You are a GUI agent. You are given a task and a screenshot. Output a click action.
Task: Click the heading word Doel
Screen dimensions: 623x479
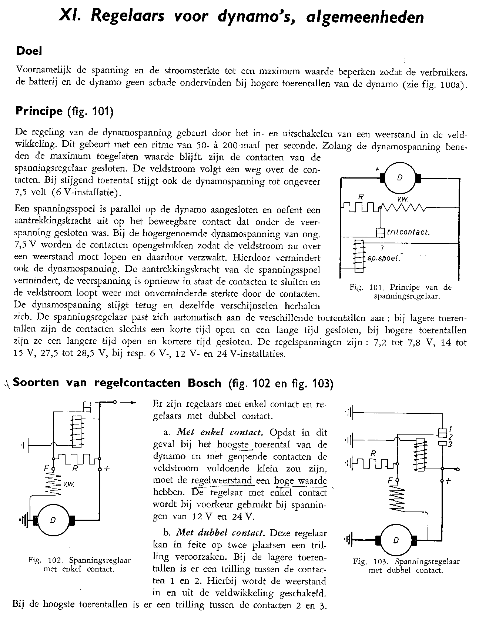tap(29, 51)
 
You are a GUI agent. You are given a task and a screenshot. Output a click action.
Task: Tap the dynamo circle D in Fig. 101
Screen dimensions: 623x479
tap(400, 177)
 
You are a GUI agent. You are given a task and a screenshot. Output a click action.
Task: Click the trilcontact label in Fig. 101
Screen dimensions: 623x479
tap(408, 232)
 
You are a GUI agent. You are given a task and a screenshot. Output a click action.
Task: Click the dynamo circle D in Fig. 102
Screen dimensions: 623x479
tap(53, 520)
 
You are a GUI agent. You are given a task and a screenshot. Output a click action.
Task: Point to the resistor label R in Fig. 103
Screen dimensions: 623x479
tap(374, 453)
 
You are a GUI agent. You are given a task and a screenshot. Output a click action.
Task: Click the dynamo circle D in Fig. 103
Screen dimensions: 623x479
tap(396, 540)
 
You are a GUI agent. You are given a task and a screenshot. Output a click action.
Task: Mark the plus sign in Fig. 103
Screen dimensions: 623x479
tap(449, 482)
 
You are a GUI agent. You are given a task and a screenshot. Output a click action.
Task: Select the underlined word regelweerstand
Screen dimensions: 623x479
tap(221, 480)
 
